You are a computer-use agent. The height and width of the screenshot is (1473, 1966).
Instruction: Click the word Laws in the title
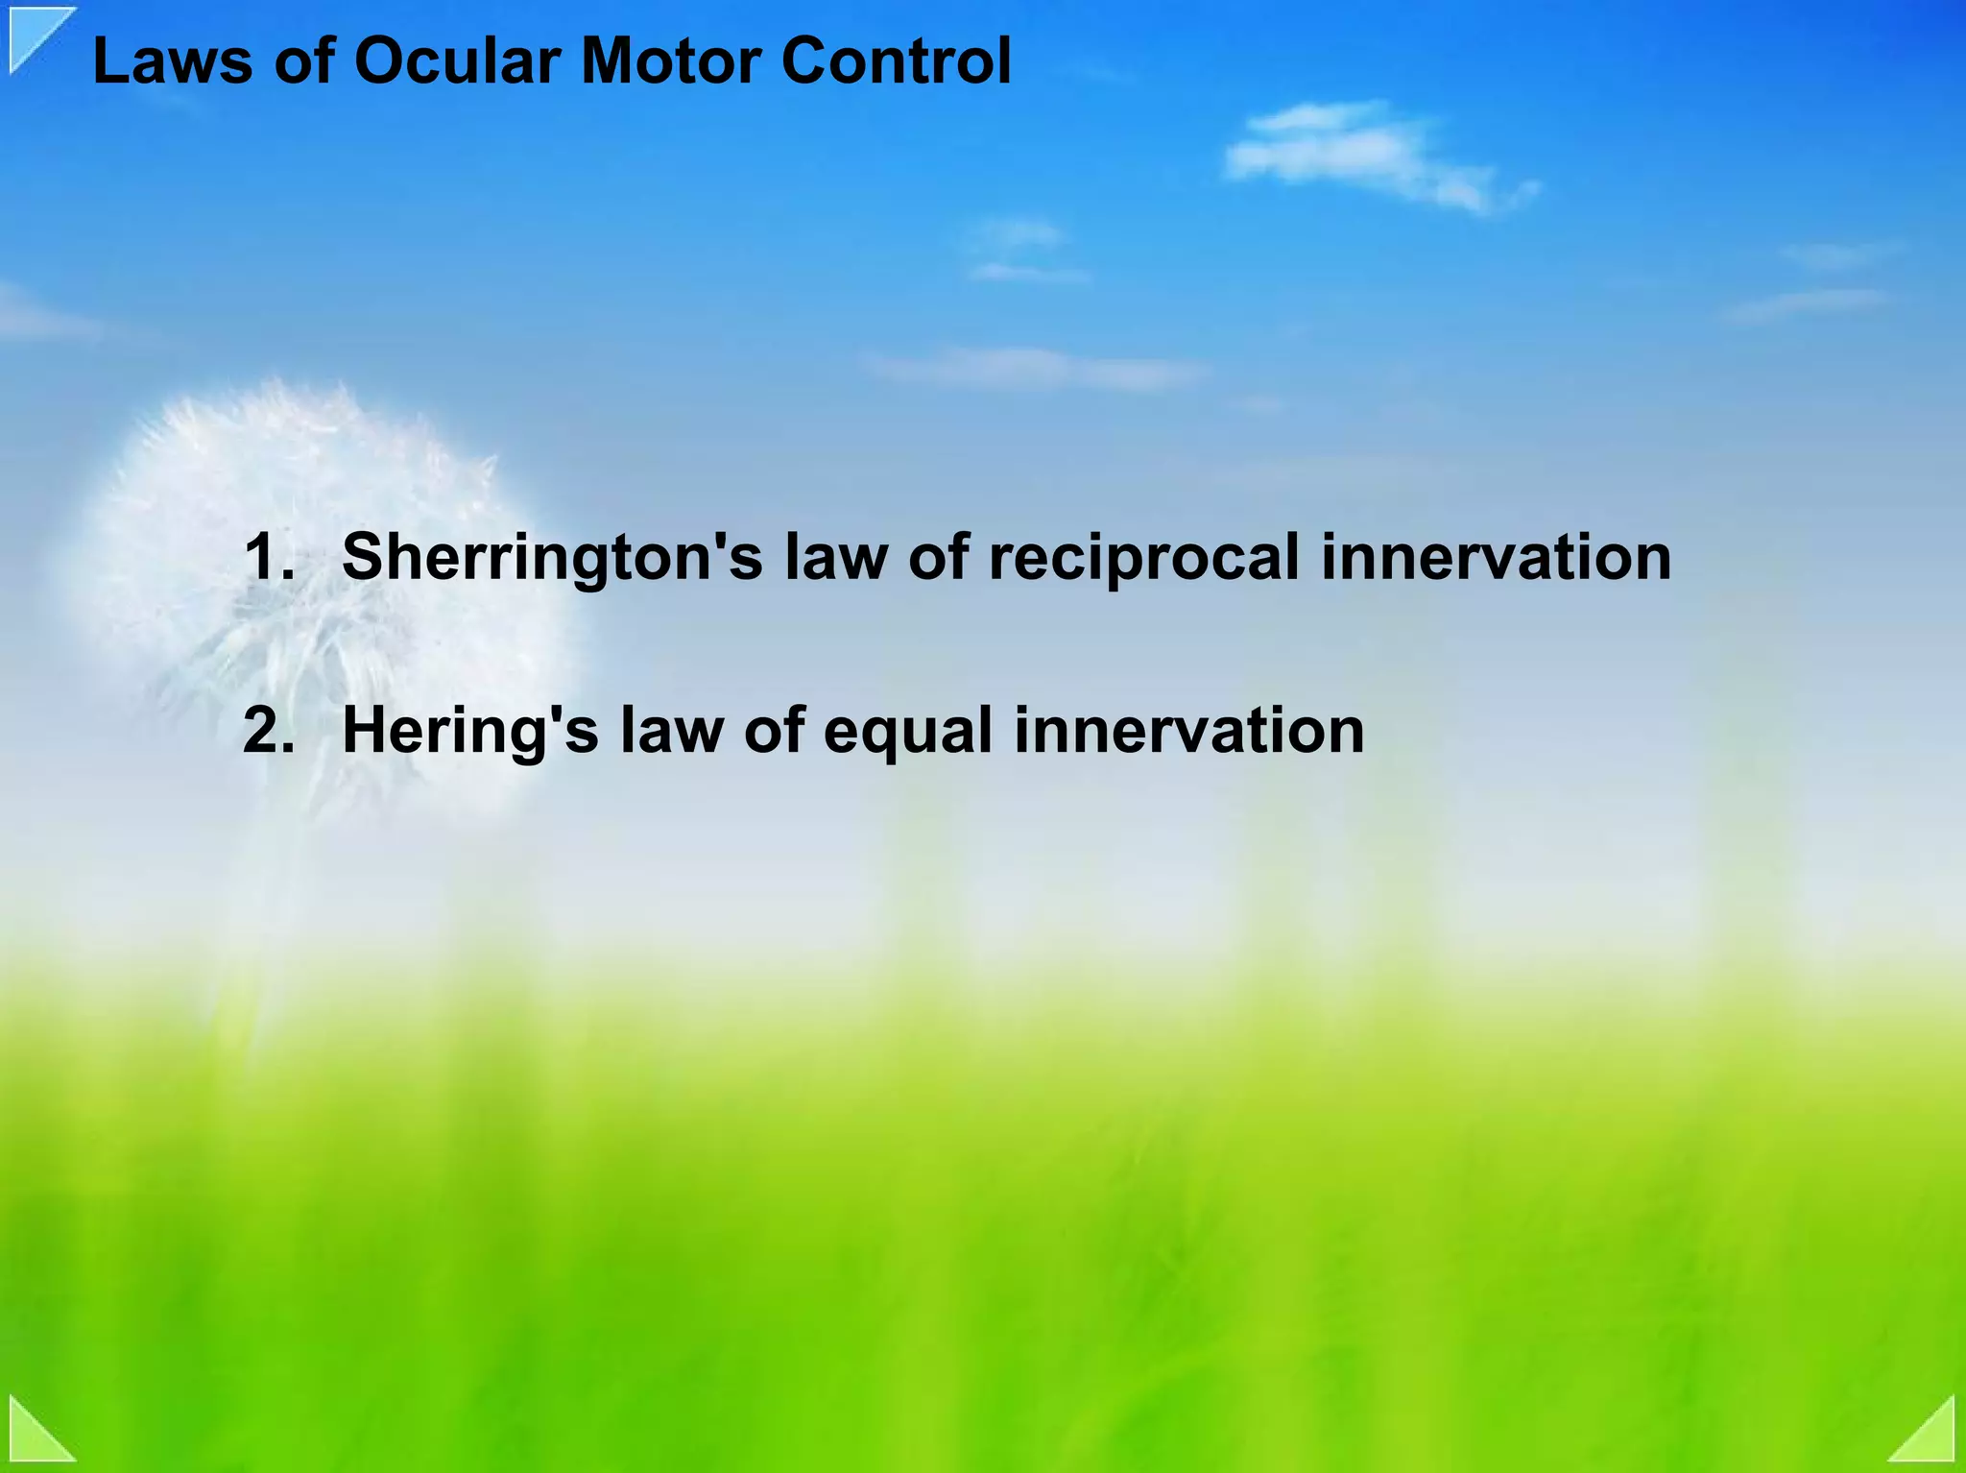pyautogui.click(x=172, y=61)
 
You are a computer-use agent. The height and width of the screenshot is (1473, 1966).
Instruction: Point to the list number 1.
pyautogui.click(x=268, y=557)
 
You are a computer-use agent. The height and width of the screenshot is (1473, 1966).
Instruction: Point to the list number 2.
pyautogui.click(x=268, y=731)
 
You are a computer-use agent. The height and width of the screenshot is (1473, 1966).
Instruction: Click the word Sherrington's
pyautogui.click(x=552, y=559)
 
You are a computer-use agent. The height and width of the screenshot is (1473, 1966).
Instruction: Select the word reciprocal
pyautogui.click(x=1142, y=559)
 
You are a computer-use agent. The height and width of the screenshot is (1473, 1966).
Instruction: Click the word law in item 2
pyautogui.click(x=671, y=731)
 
